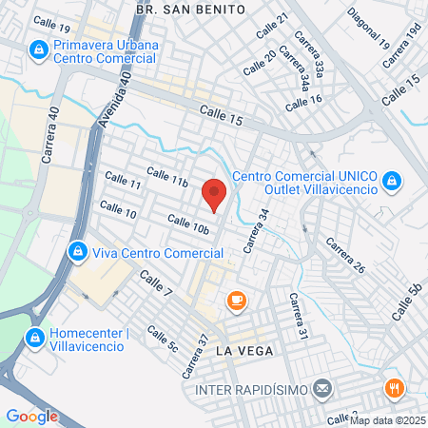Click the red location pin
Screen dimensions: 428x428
pyautogui.click(x=215, y=195)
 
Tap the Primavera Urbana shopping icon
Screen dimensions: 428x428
pyautogui.click(x=39, y=48)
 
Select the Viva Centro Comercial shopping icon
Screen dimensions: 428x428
pyautogui.click(x=77, y=253)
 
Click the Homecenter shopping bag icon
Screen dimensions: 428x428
pyautogui.click(x=35, y=338)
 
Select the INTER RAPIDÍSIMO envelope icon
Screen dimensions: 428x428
pyautogui.click(x=322, y=389)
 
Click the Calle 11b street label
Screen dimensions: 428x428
pyautogui.click(x=167, y=178)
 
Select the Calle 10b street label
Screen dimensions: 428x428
pyautogui.click(x=187, y=224)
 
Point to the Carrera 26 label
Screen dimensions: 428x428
pyautogui.click(x=345, y=255)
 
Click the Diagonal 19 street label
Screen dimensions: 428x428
pyautogui.click(x=369, y=29)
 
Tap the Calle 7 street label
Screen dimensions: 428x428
pyautogui.click(x=156, y=282)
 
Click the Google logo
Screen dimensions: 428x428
pyautogui.click(x=32, y=416)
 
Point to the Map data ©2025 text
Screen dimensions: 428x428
pyautogui.click(x=388, y=419)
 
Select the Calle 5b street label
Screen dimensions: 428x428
pyautogui.click(x=407, y=298)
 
